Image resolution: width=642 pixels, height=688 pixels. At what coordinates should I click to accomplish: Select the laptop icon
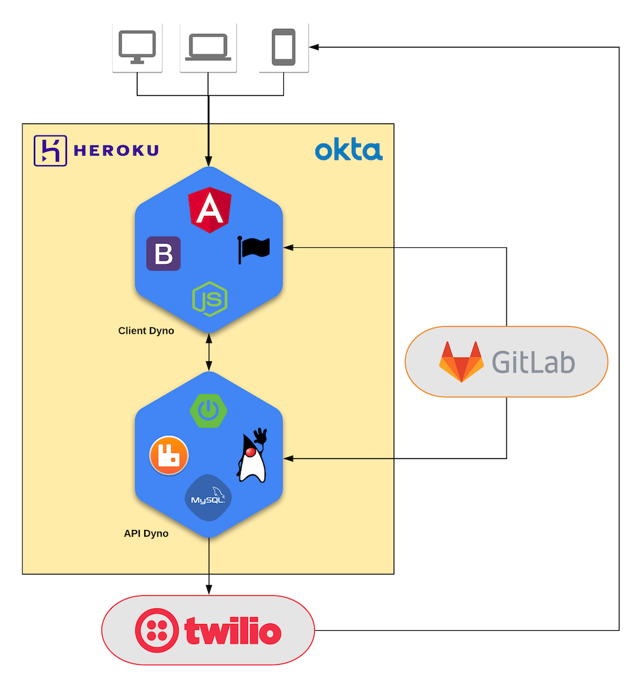click(208, 46)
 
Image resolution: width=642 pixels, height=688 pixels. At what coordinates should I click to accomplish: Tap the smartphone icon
click(283, 46)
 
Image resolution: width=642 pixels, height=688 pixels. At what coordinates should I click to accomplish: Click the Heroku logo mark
click(50, 151)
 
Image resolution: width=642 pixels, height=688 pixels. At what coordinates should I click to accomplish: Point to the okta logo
click(349, 151)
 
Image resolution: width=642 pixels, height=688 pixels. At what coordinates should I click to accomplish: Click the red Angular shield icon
click(209, 209)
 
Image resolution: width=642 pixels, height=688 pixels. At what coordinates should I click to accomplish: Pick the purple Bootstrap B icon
click(164, 253)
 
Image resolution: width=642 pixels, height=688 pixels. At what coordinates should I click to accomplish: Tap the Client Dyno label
click(146, 331)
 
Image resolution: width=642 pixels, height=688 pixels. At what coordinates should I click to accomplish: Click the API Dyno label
click(146, 534)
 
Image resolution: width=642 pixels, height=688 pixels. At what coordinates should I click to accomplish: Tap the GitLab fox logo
click(461, 362)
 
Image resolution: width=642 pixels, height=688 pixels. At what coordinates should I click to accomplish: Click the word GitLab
click(533, 362)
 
